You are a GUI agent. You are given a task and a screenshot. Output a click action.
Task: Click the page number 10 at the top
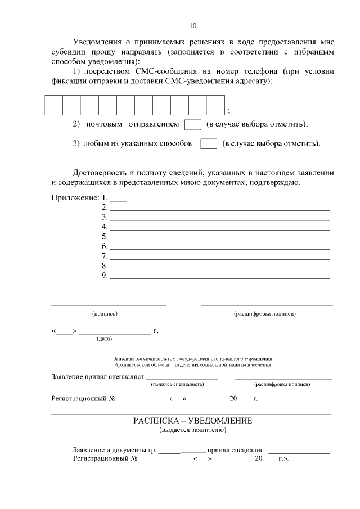pyautogui.click(x=192, y=26)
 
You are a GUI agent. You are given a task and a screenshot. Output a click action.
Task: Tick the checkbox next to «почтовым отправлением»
pyautogui.click(x=192, y=124)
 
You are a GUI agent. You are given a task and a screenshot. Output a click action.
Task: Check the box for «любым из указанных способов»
pyautogui.click(x=209, y=144)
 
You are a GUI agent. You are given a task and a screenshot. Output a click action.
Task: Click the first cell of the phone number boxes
pyautogui.click(x=53, y=105)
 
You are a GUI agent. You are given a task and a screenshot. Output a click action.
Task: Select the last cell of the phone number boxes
pyautogui.click(x=215, y=105)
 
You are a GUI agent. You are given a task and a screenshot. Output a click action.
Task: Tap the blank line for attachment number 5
pyautogui.click(x=219, y=237)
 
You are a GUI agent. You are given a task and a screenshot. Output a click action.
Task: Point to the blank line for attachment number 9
pyautogui.click(x=219, y=276)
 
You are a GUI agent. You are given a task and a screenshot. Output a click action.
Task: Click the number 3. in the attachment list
pyautogui.click(x=105, y=217)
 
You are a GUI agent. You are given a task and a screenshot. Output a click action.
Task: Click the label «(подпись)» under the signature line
pyautogui.click(x=105, y=313)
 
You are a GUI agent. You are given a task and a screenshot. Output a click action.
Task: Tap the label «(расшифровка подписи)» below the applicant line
pyautogui.click(x=264, y=313)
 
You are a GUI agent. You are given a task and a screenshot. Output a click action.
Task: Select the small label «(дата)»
pyautogui.click(x=104, y=339)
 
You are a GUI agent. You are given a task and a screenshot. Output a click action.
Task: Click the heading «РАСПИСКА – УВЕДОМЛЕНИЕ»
pyautogui.click(x=193, y=421)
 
